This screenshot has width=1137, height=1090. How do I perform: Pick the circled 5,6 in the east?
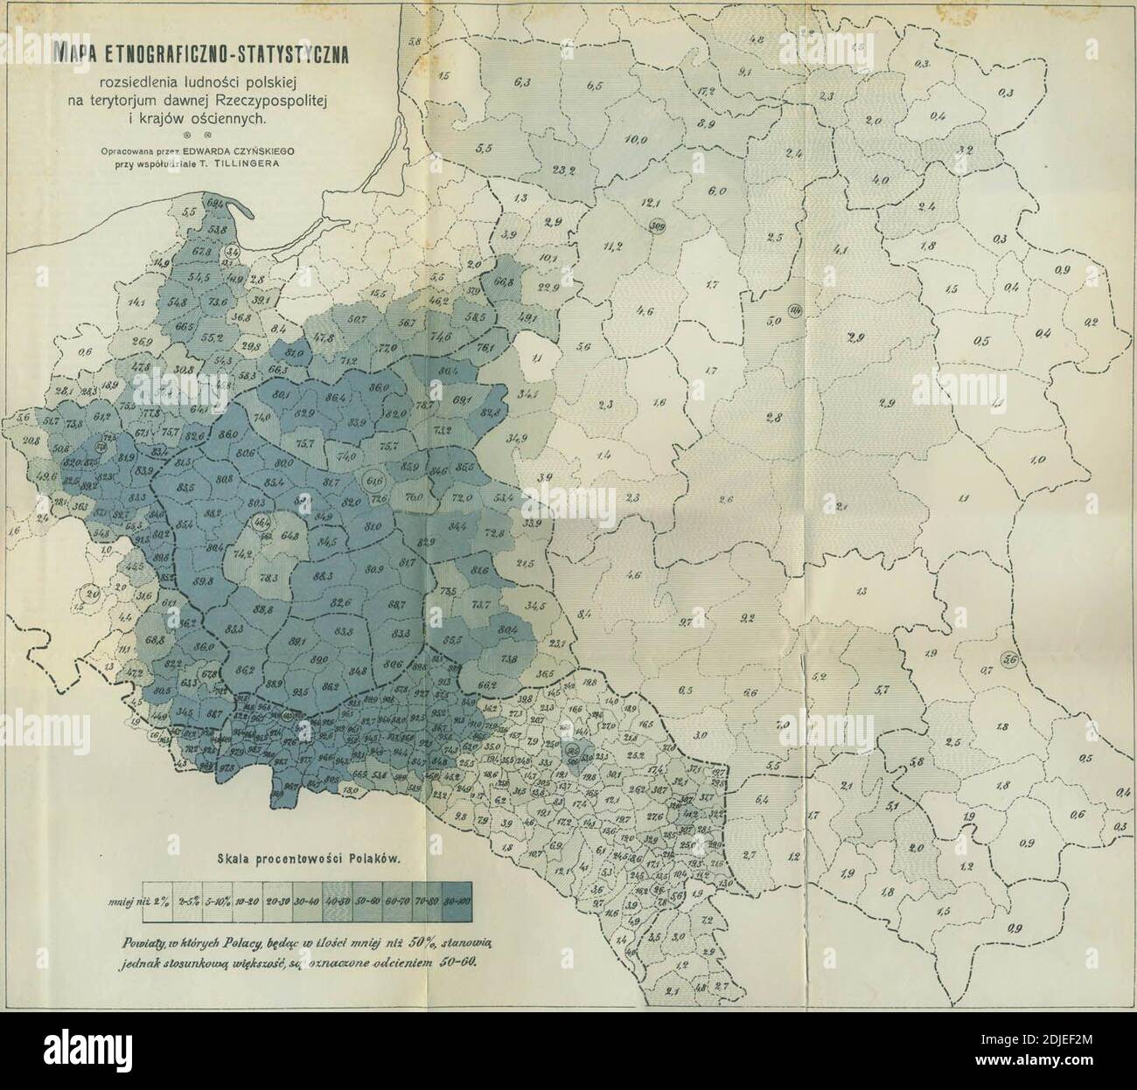click(1011, 661)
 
